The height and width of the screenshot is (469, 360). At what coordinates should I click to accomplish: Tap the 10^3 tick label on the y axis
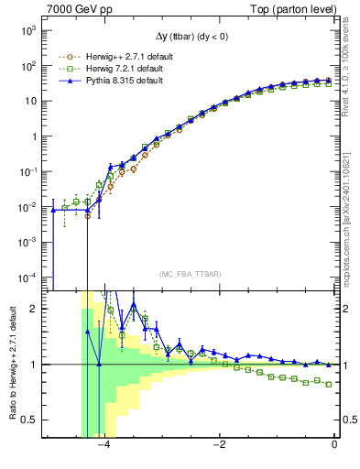pos(28,31)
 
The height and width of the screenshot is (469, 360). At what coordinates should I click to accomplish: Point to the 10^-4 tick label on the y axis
pos(28,277)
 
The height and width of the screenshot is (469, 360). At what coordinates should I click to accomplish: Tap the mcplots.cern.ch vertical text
pos(351,211)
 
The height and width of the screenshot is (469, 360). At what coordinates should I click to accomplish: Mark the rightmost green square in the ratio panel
pos(329,384)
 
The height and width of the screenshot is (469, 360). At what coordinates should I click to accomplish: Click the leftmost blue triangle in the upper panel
pos(53,210)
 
